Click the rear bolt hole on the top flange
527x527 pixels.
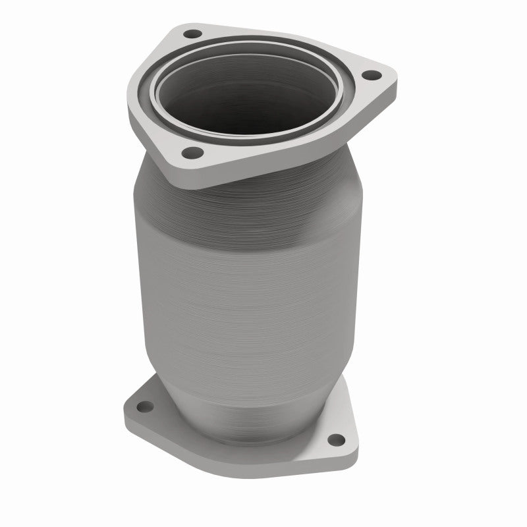(192, 33)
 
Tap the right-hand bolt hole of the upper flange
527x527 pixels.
(370, 74)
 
